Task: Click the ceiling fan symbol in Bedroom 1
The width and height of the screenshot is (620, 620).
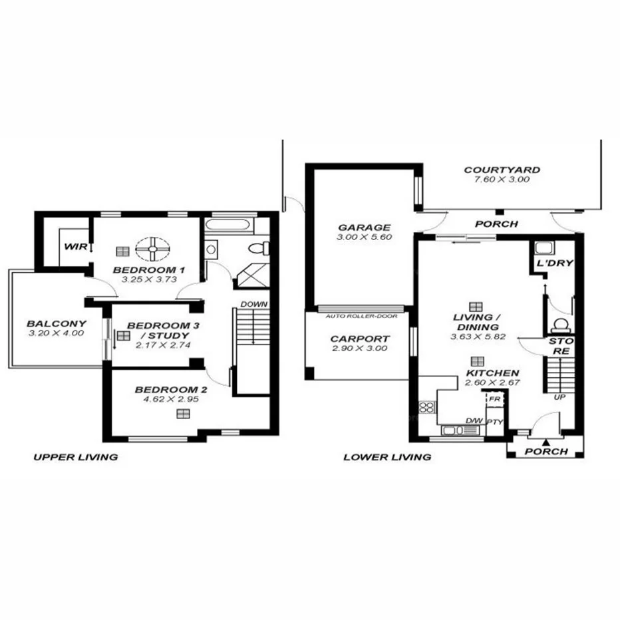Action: (152, 249)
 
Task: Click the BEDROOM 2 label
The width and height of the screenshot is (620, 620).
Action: (166, 390)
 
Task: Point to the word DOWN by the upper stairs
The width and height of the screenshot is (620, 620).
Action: (253, 304)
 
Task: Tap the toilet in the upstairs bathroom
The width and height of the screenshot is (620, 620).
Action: (257, 249)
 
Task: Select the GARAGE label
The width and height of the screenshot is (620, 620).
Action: (363, 227)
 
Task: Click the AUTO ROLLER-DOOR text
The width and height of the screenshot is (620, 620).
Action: (362, 316)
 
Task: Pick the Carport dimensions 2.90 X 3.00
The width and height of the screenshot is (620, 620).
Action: (360, 349)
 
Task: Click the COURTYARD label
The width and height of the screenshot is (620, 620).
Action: (502, 170)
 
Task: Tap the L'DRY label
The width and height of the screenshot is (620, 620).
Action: (554, 263)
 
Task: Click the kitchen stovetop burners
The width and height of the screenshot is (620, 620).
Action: (426, 408)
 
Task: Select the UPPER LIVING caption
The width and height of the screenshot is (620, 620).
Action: (75, 457)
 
